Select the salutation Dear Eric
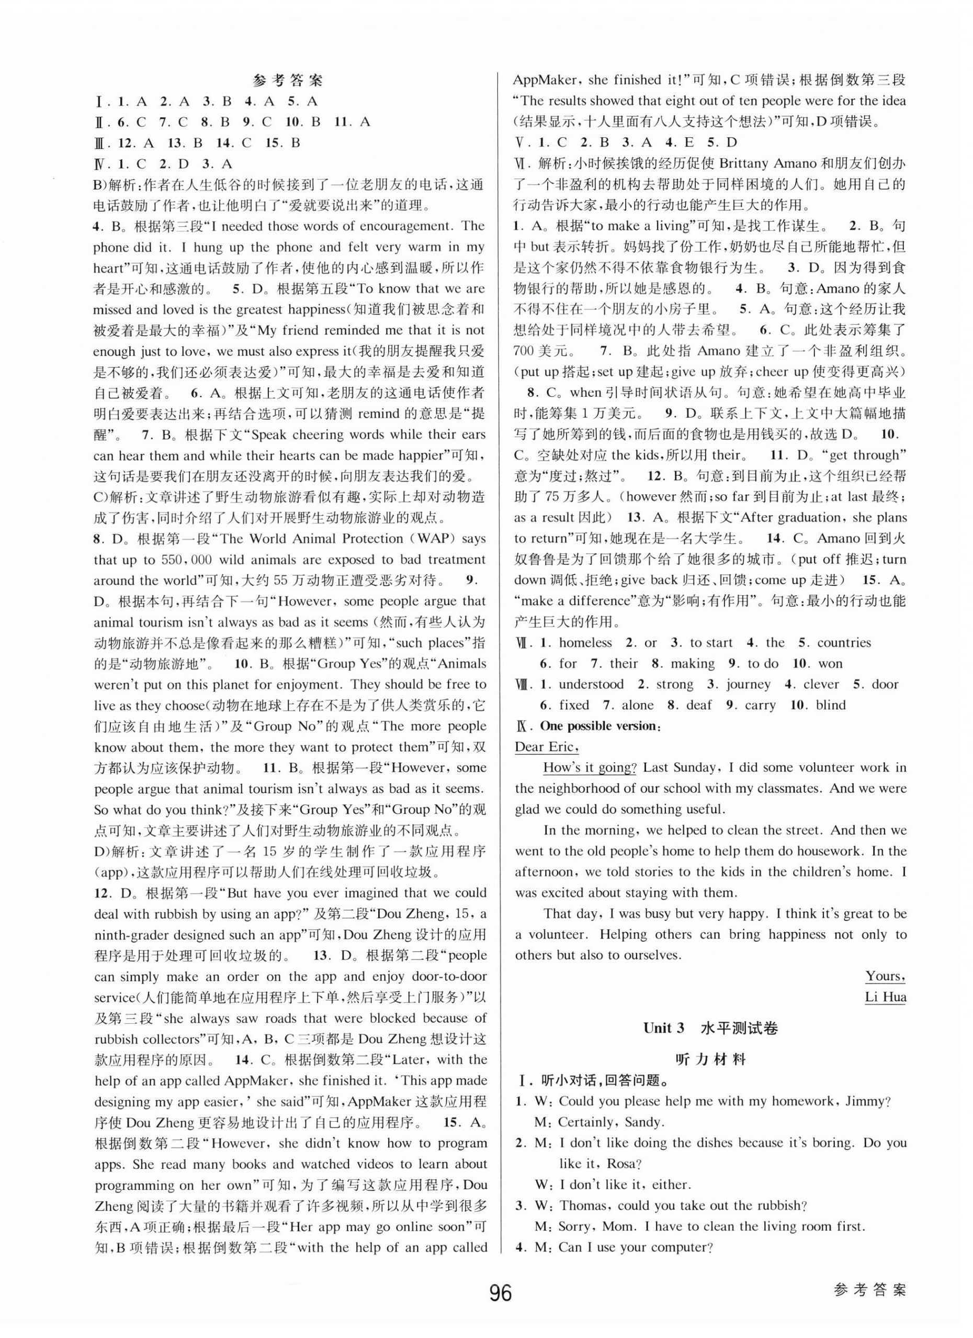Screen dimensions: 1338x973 (546, 747)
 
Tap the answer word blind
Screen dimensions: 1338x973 (831, 705)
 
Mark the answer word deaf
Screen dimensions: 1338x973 (699, 705)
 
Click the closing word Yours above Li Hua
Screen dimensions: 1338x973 (885, 976)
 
